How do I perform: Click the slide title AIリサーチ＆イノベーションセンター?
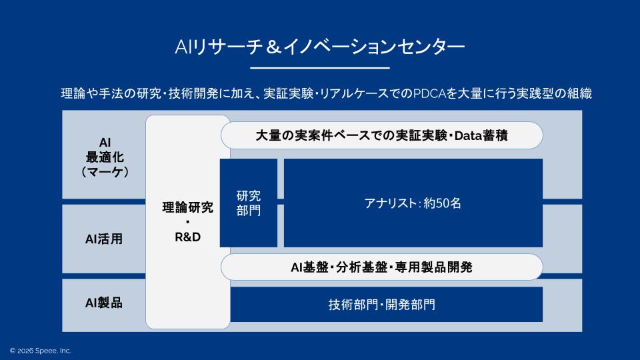[319, 47]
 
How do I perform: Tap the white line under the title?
[319, 67]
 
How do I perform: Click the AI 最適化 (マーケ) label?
[104, 157]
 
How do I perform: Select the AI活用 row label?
[104, 239]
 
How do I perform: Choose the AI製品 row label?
[104, 303]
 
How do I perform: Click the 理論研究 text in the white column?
[187, 207]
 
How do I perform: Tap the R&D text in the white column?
[187, 237]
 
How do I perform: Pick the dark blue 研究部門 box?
[249, 203]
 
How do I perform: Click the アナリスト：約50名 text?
[413, 203]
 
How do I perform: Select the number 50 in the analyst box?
[441, 203]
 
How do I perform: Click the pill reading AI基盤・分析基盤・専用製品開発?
[381, 267]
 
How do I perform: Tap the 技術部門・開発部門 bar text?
[381, 305]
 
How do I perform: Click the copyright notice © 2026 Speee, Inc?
[40, 350]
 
